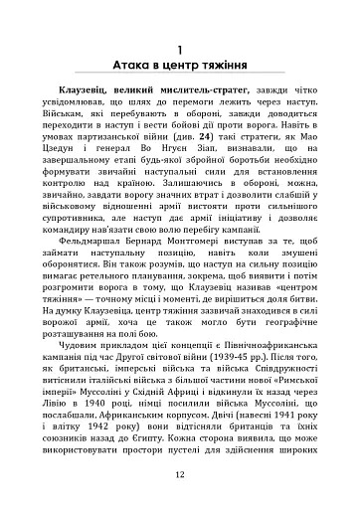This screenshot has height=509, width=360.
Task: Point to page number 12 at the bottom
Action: click(x=180, y=474)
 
